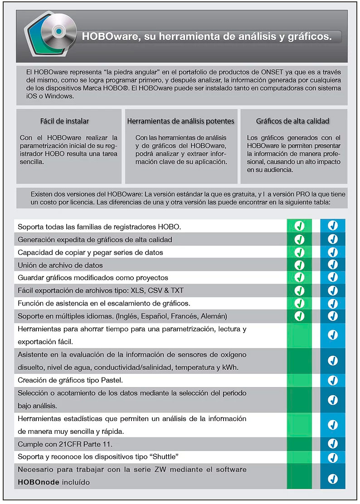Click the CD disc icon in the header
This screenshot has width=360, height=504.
coord(58,31)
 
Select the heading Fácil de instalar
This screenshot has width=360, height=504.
coord(64,121)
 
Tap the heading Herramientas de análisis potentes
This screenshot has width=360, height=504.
coord(180,121)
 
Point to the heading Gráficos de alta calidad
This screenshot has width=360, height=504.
coord(292,121)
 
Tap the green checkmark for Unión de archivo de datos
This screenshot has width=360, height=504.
coord(299,265)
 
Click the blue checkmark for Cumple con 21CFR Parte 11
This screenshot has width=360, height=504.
coord(333,443)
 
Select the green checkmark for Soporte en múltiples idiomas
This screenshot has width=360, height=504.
coord(299,316)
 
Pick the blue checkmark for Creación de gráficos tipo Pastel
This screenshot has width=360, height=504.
coord(333,380)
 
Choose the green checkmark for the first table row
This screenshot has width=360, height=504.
coord(299,226)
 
